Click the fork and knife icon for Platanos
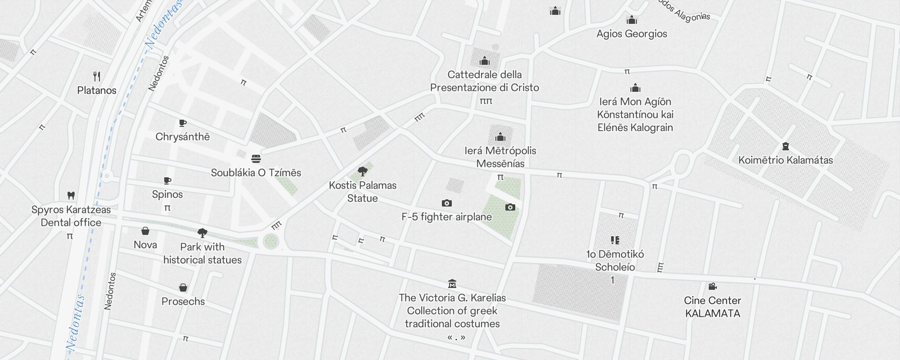[x=97, y=76]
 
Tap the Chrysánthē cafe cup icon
[x=182, y=123]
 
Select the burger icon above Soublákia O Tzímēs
[x=256, y=158]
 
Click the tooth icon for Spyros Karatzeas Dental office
[x=71, y=195]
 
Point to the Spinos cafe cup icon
[x=167, y=181]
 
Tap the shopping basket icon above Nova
[x=145, y=231]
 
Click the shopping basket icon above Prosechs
[x=183, y=288]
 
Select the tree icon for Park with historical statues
[x=202, y=233]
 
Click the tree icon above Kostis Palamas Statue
[x=362, y=171]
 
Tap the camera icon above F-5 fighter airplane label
[x=446, y=203]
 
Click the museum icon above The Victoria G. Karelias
[x=452, y=283]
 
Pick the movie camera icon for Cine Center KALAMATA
[x=712, y=287]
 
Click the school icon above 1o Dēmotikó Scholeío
[x=615, y=240]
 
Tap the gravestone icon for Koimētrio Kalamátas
[x=786, y=146]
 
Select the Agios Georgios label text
[x=632, y=34]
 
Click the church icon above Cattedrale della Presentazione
[x=485, y=61]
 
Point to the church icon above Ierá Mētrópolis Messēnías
[x=500, y=137]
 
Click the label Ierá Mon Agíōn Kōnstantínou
[x=635, y=114]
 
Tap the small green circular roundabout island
[x=271, y=241]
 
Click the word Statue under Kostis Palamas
[x=362, y=198]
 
